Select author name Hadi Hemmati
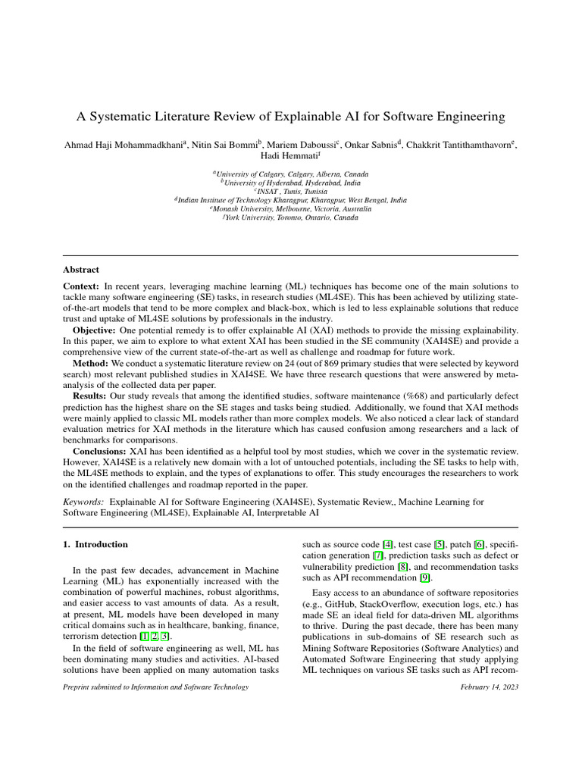[290, 155]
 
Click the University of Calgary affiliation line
[290, 174]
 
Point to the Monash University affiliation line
[290, 208]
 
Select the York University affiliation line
[290, 217]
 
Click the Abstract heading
[81, 269]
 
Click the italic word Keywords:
[83, 502]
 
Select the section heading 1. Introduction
[95, 544]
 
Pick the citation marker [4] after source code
[387, 544]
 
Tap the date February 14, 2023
[490, 687]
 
